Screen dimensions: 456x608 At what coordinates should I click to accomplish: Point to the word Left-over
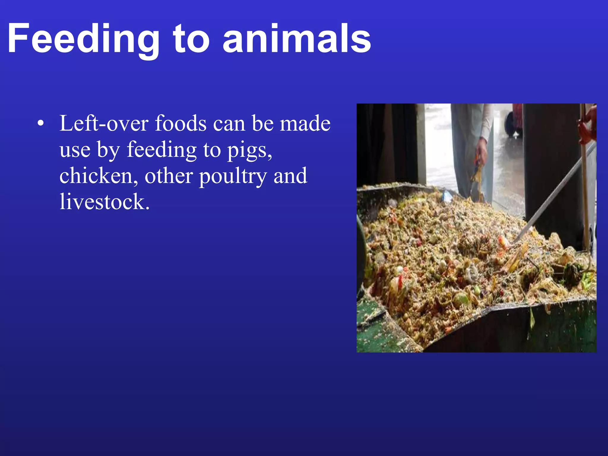pyautogui.click(x=104, y=123)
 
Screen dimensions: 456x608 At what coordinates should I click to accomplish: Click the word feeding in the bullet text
pyautogui.click(x=161, y=150)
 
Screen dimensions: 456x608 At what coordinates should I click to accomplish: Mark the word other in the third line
pyautogui.click(x=168, y=176)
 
